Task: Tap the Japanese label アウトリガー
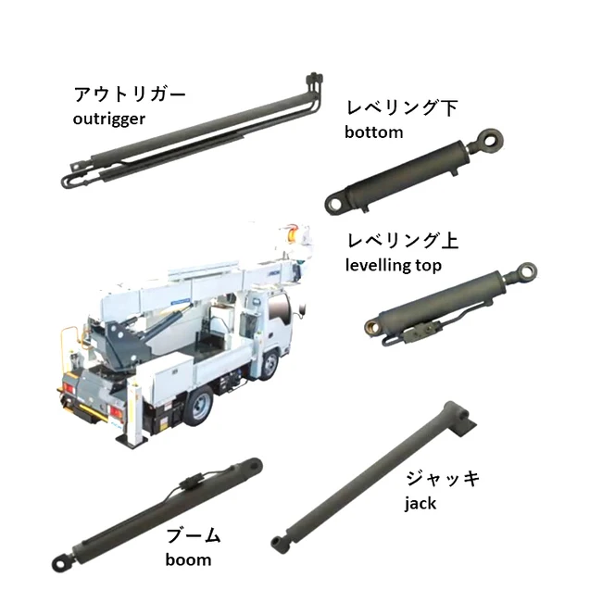pos(130,95)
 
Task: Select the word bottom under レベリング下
pos(373,132)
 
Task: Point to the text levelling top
pos(393,265)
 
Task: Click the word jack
pos(420,504)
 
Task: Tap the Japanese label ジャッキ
pos(443,480)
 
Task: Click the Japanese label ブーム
pos(194,536)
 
